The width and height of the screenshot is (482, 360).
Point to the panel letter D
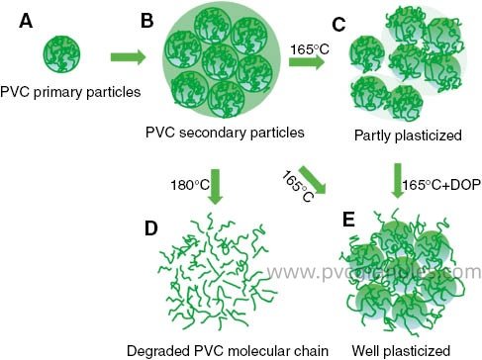click(x=150, y=229)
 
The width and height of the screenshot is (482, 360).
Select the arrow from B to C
click(x=308, y=62)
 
